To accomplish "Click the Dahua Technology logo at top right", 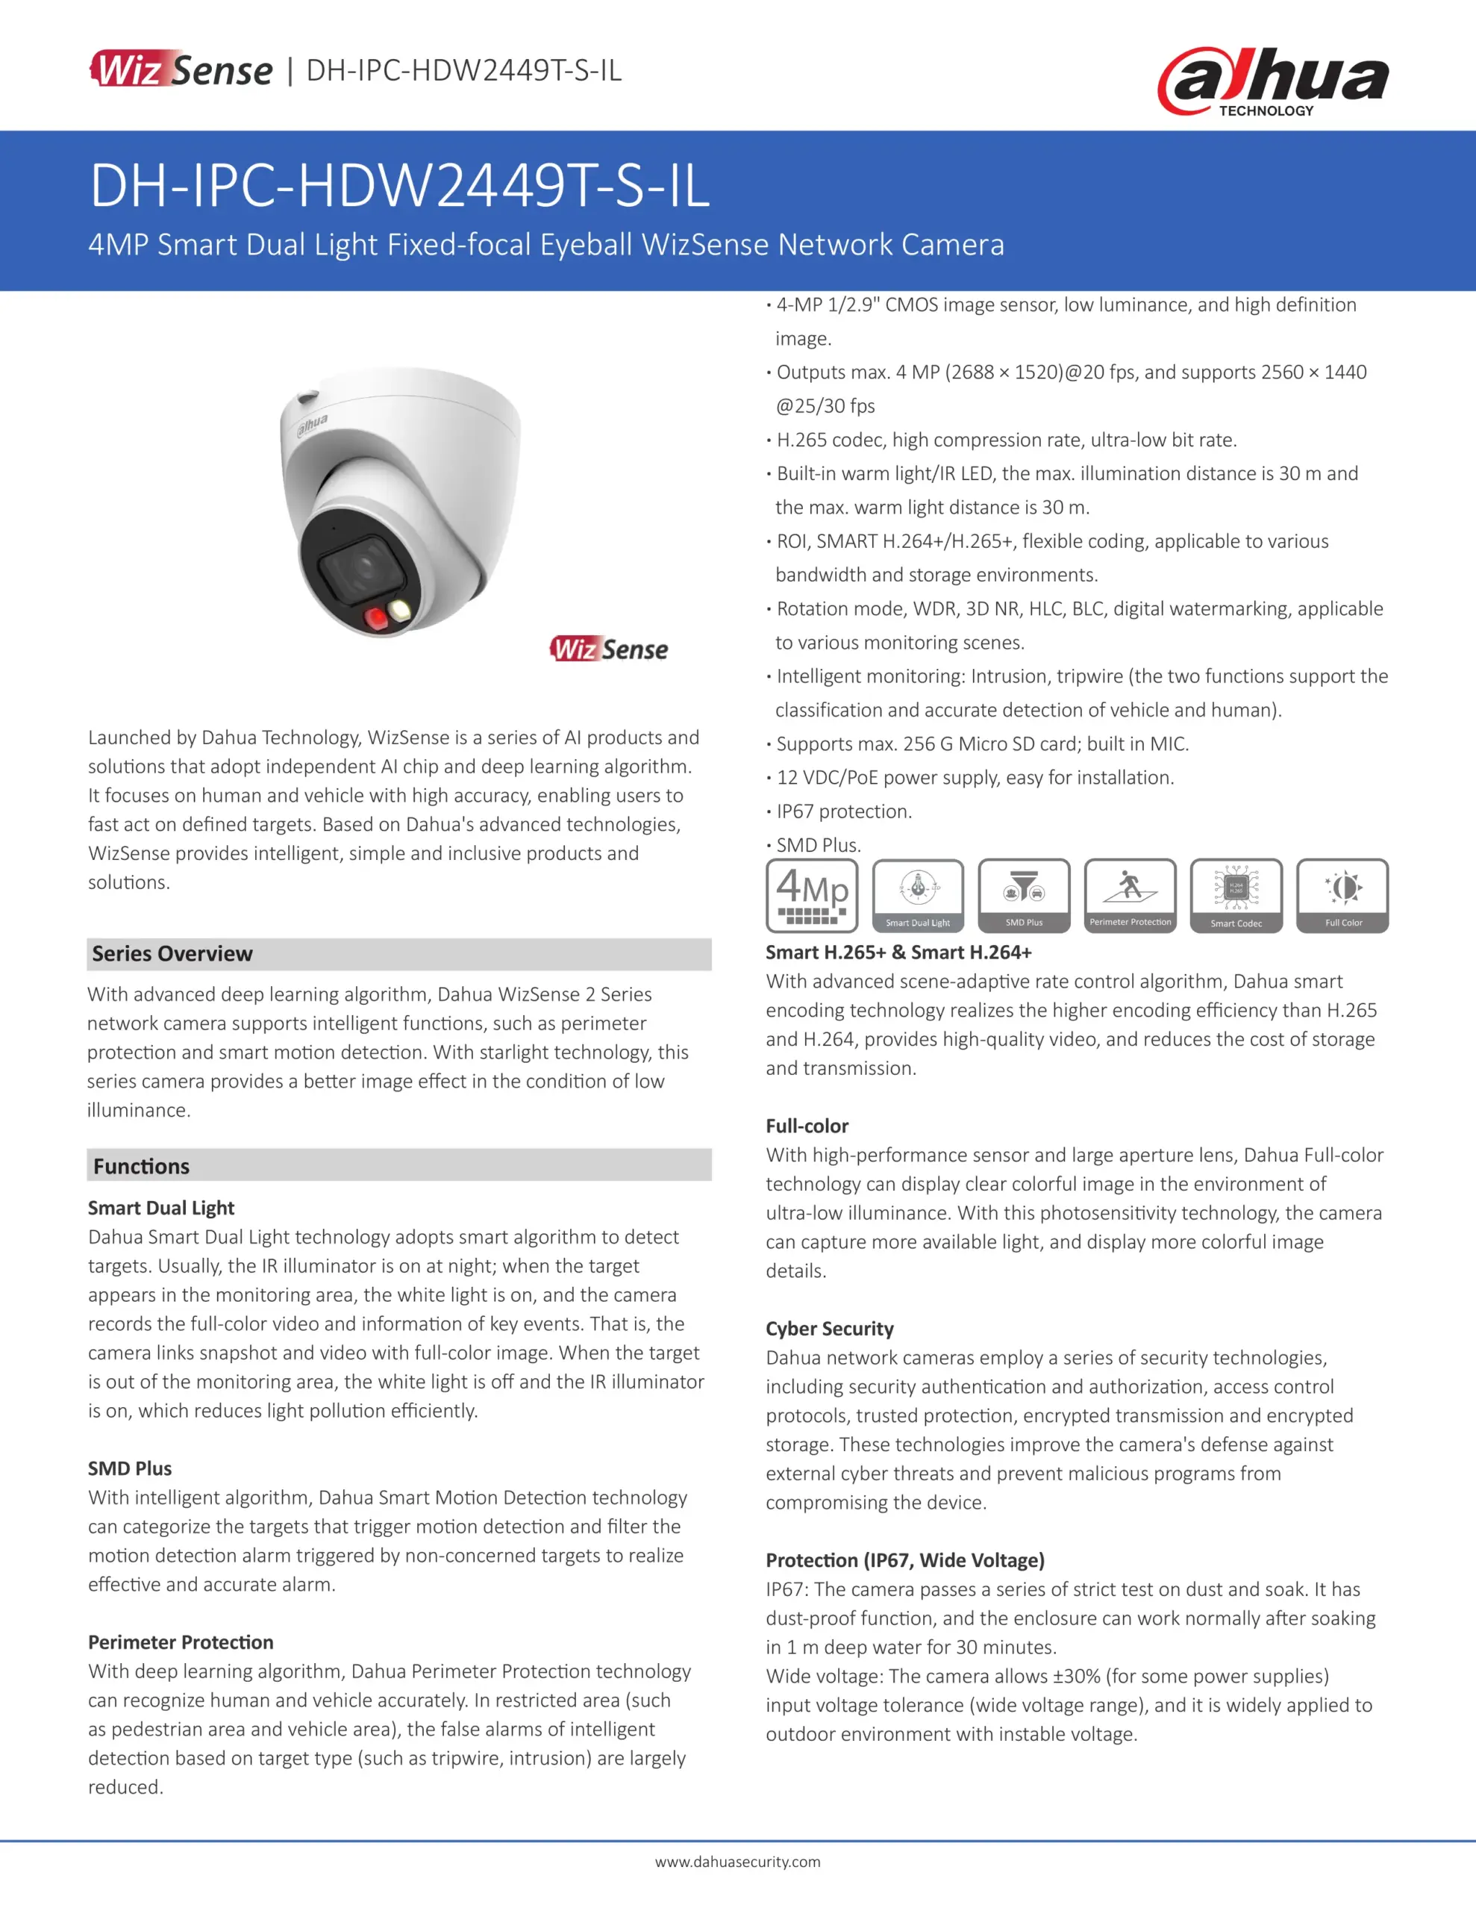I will [x=1272, y=81].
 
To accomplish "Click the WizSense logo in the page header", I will [x=182, y=70].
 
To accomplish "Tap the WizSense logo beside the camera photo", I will [x=609, y=649].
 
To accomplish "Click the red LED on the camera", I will [x=376, y=619].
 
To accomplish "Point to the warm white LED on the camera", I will [x=401, y=610].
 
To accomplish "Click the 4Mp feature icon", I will [x=812, y=895].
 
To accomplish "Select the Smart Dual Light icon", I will [x=918, y=895].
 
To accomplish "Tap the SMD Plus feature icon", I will [x=1024, y=895].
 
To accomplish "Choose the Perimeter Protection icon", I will [x=1130, y=895].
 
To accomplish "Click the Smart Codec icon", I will [x=1236, y=895].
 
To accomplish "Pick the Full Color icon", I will [x=1342, y=895].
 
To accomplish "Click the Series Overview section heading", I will [x=172, y=954].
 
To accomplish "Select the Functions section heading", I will [x=142, y=1166].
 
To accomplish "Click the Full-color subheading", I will [x=807, y=1126].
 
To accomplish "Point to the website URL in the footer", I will [x=737, y=1862].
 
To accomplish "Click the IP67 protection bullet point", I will [x=843, y=811].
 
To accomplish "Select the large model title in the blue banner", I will [x=400, y=187].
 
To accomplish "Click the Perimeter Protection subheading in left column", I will [x=181, y=1642].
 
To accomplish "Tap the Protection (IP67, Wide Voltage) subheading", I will [x=904, y=1560].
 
